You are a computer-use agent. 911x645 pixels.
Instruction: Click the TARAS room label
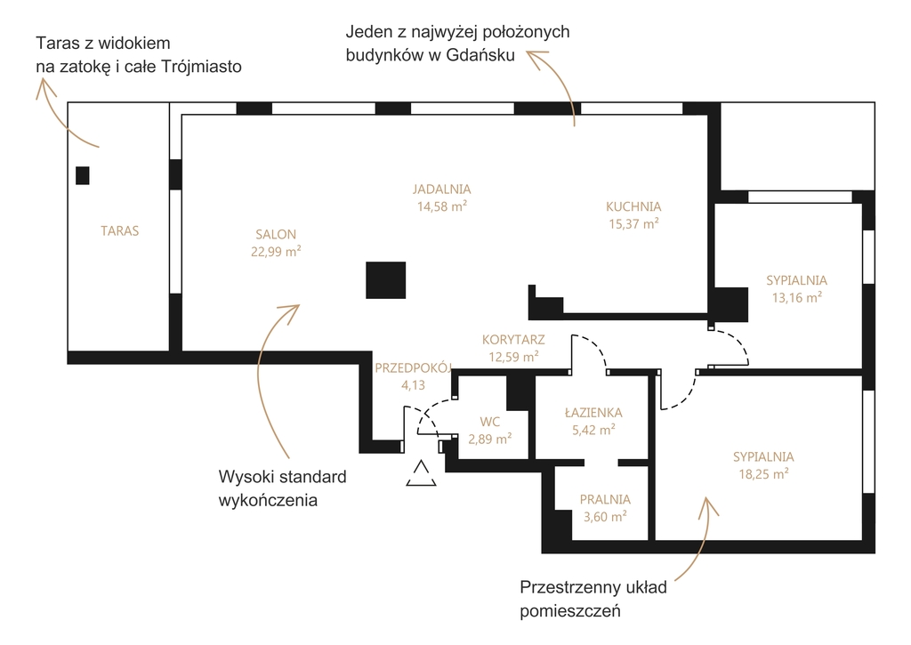point(120,230)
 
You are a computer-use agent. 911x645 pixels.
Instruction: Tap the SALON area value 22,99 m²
point(276,251)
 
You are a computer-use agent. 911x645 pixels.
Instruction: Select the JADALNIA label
point(442,189)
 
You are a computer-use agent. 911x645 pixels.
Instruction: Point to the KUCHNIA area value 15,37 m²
point(633,223)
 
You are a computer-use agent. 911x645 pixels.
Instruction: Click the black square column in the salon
point(386,280)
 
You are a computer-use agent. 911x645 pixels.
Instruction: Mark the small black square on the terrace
point(83,175)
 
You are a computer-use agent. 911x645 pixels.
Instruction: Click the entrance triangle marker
point(421,473)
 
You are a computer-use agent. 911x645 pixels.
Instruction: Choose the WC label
point(490,422)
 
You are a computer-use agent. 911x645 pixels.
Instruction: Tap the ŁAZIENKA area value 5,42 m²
point(593,430)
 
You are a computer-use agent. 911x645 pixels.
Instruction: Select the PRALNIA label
point(605,499)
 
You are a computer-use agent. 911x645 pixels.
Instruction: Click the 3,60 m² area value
point(605,516)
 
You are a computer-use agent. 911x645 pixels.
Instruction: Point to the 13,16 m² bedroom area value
point(796,297)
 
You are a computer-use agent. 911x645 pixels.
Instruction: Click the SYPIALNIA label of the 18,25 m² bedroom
point(763,456)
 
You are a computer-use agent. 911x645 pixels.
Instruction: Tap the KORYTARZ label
point(513,339)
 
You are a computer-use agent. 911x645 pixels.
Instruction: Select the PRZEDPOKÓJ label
point(413,367)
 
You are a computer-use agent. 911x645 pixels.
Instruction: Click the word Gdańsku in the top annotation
point(480,55)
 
